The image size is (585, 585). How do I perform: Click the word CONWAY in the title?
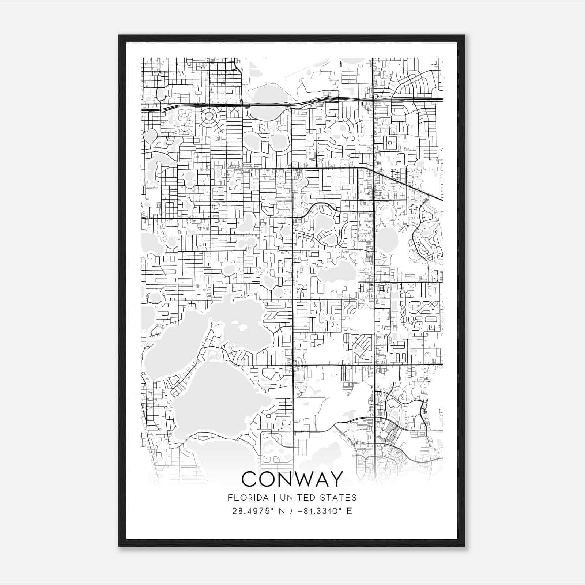(292, 479)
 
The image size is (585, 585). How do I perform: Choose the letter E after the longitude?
(349, 511)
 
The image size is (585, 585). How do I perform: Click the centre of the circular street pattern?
(209, 116)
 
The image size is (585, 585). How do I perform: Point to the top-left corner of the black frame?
(119, 35)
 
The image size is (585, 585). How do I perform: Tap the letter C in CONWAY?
(249, 479)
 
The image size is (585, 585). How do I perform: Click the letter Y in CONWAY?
(336, 479)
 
